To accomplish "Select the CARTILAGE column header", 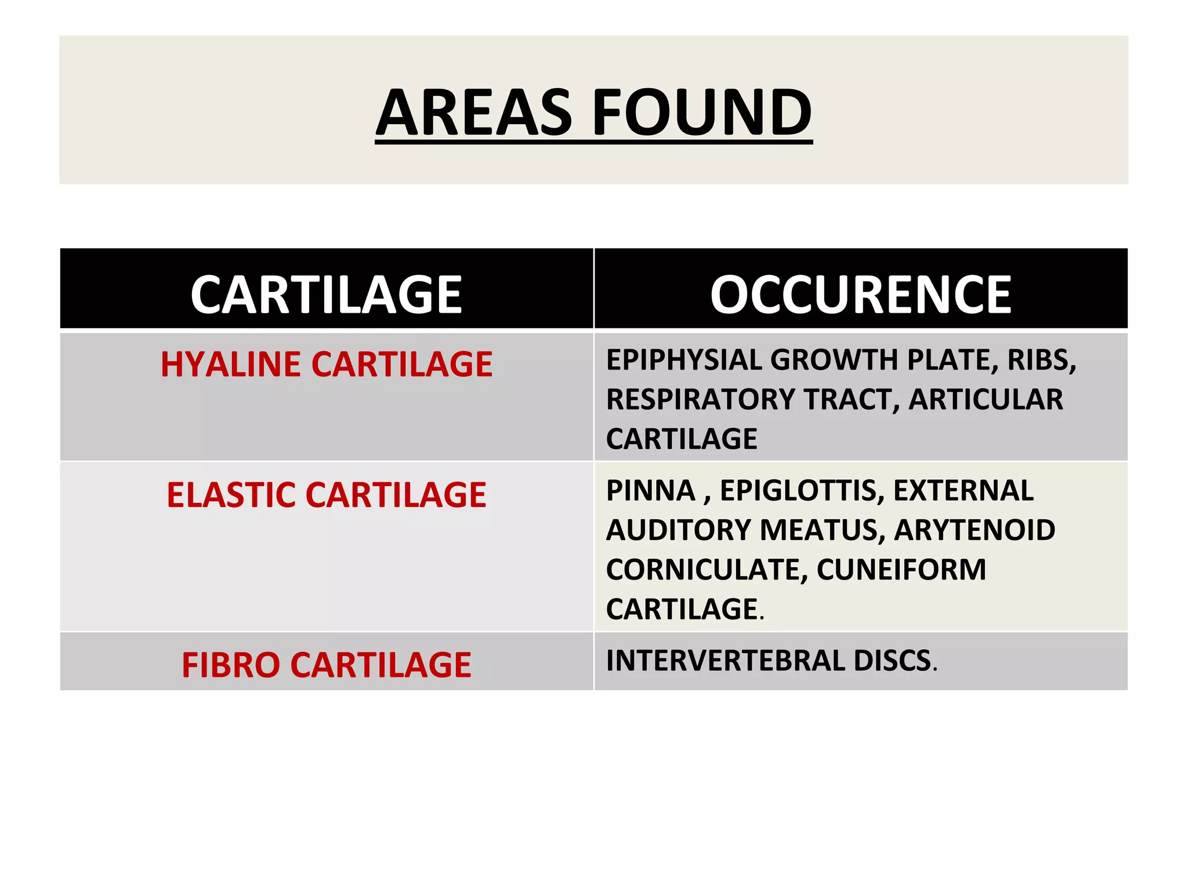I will click(x=326, y=295).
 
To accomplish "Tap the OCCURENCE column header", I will click(x=861, y=295).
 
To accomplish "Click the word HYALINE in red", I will click(x=231, y=364).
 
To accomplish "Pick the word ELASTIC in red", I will click(x=231, y=495).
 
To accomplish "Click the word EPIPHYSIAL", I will click(x=684, y=360).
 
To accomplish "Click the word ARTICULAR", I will click(x=986, y=400).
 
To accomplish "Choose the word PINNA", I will click(x=650, y=491).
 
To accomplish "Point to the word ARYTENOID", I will click(x=975, y=530).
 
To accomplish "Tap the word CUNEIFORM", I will click(x=901, y=570).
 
